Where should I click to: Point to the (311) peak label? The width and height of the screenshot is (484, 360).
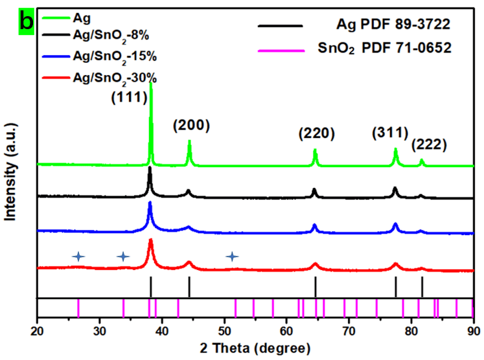[x=390, y=133]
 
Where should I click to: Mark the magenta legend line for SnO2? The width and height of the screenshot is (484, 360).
[x=280, y=48]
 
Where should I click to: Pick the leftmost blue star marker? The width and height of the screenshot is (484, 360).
[x=78, y=256]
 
